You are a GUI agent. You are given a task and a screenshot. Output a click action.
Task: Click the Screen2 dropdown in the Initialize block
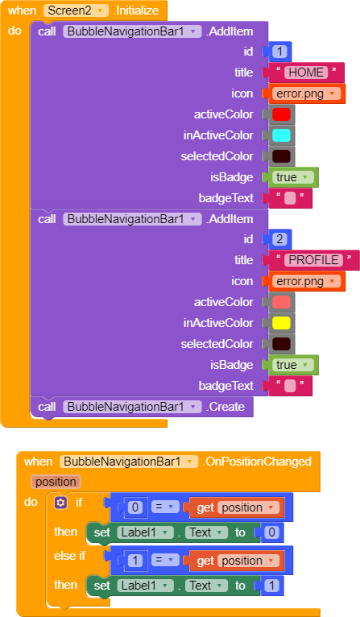(x=76, y=10)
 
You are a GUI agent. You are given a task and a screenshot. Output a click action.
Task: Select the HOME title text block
(x=306, y=72)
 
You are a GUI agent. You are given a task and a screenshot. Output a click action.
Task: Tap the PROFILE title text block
(x=313, y=260)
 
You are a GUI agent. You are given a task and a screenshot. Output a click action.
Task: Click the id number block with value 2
(x=279, y=239)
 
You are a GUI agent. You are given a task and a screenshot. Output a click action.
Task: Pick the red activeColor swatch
(x=281, y=114)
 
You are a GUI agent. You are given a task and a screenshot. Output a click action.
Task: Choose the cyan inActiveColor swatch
(x=281, y=135)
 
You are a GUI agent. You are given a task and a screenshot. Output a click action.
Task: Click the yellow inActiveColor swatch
(x=281, y=323)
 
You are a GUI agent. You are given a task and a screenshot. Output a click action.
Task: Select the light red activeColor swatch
(x=281, y=302)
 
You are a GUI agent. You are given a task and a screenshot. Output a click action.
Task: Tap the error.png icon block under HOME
(x=306, y=93)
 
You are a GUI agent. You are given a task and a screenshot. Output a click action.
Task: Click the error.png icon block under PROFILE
(x=306, y=281)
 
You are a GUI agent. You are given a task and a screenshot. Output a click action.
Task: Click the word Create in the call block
(x=226, y=407)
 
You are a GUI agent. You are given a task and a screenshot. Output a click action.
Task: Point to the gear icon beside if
(x=60, y=503)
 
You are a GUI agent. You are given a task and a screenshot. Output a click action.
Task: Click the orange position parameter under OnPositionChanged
(x=56, y=482)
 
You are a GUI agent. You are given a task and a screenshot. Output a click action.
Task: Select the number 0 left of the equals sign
(x=135, y=507)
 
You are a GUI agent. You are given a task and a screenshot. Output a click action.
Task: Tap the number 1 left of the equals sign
(x=135, y=561)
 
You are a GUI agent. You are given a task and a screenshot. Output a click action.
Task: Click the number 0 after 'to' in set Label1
(x=271, y=532)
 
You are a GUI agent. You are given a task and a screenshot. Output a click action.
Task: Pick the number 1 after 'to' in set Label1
(x=271, y=586)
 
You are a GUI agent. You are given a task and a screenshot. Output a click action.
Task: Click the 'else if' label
(x=69, y=556)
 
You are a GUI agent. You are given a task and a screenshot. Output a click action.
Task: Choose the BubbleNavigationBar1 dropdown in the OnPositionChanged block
(x=128, y=462)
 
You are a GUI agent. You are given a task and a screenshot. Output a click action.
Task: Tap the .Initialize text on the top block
(x=136, y=10)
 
